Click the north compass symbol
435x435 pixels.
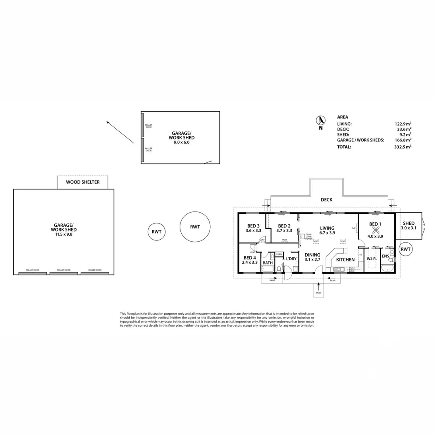coord(321,120)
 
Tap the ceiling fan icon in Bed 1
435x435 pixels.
coord(377,230)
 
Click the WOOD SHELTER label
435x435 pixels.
coord(83,182)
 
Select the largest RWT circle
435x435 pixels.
coord(195,227)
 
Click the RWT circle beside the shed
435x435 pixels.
coord(405,250)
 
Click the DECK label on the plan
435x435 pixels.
coord(326,200)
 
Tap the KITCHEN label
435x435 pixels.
coord(345,260)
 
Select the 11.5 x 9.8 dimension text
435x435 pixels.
coord(64,234)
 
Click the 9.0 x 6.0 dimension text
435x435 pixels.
coord(181,142)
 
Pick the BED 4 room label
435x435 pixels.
coord(250,258)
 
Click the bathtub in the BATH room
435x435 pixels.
coord(268,269)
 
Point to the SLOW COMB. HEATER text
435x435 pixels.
coord(309,237)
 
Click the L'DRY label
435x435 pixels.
coord(291,259)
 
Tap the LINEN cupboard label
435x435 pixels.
coord(279,255)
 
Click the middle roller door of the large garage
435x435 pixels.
coord(64,273)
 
